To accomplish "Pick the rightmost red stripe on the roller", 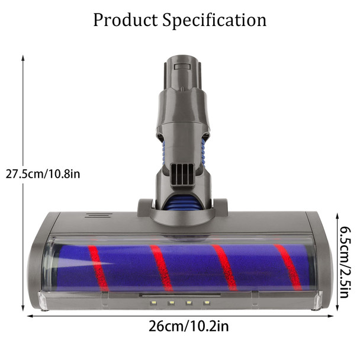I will point(288,268).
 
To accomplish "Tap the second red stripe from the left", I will point(160,268).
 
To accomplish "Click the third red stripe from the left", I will point(224,268).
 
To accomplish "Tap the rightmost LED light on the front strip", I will point(207,303).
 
